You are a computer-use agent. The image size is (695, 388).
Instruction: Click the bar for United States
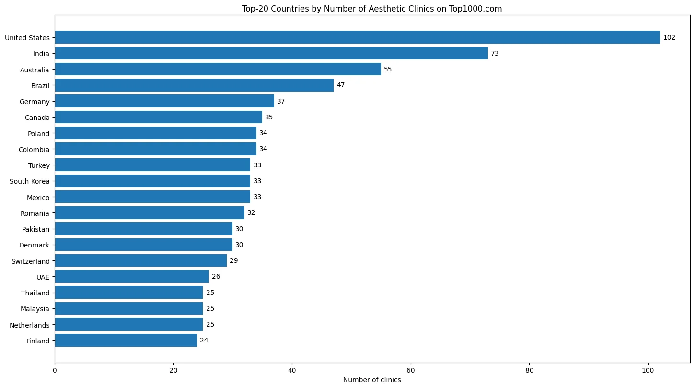357,37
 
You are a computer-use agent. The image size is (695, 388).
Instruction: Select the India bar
271,53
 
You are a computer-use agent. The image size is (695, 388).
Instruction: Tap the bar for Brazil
194,85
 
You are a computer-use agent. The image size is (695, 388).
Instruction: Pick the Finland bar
126,341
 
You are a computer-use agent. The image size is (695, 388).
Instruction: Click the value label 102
669,37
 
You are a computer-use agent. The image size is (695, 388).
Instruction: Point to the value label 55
388,70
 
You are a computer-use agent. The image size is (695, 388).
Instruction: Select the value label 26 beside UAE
216,277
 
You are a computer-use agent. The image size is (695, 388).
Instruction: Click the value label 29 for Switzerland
233,261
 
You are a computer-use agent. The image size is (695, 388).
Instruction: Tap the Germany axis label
35,102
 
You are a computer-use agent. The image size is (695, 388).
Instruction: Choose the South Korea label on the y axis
30,181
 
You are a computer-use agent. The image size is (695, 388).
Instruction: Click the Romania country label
35,213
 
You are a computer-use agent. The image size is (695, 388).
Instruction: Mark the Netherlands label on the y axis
30,325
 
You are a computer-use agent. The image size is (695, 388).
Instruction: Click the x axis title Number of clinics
372,380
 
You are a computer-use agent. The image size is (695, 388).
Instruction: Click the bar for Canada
158,117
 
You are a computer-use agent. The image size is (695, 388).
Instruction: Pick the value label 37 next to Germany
281,102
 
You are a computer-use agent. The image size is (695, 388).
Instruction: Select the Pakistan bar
143,229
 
